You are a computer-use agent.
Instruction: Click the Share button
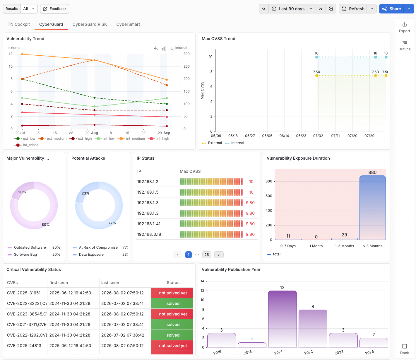tap(391, 9)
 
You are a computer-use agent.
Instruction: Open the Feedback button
tap(54, 9)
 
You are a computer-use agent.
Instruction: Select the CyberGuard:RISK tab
tap(90, 24)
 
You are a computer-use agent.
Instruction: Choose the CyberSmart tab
tap(128, 24)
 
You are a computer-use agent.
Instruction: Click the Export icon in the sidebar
tap(404, 25)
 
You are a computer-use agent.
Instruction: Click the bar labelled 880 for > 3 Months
tap(373, 208)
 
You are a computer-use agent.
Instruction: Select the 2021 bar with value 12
tap(283, 319)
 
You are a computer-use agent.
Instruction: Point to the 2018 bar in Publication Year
tap(252, 345)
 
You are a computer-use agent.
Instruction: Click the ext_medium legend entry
tap(52, 139)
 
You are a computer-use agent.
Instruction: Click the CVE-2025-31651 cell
tap(24, 293)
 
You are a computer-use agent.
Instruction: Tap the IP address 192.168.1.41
tap(149, 224)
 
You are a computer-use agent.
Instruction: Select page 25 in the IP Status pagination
tap(206, 255)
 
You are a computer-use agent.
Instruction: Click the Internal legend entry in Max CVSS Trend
tap(234, 143)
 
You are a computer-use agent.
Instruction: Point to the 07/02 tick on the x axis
tap(318, 136)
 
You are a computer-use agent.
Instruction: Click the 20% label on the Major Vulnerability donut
tap(22, 192)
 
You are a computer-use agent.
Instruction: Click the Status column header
tap(173, 283)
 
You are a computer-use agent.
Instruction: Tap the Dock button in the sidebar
tap(404, 349)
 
